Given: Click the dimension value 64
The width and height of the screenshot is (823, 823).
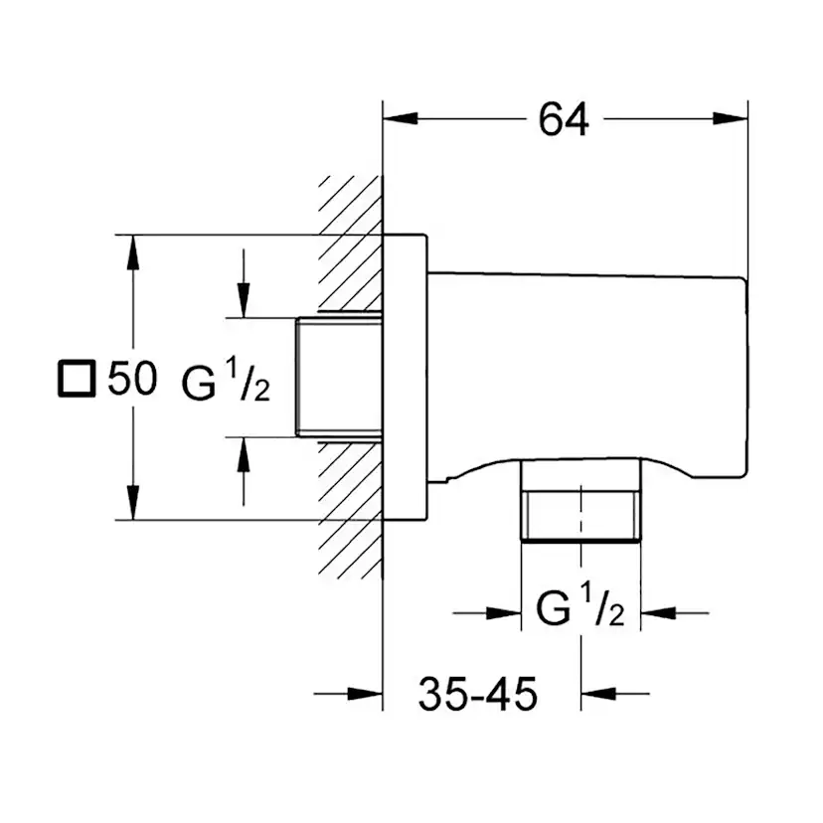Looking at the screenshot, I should [564, 119].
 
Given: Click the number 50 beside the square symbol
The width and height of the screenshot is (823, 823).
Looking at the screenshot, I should [132, 379].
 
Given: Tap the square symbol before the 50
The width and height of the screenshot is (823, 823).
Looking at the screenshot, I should [76, 379].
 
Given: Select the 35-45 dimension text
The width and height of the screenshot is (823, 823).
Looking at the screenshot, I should [477, 694].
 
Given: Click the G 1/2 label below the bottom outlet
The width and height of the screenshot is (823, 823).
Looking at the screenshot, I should [579, 607].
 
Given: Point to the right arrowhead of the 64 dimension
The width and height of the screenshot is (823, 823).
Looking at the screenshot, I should [735, 119].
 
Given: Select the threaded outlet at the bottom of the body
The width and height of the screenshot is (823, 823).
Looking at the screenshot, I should [580, 501].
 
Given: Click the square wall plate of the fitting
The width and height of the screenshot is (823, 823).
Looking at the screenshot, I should [406, 377].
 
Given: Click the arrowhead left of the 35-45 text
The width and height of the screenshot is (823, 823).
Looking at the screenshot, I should [368, 694].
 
